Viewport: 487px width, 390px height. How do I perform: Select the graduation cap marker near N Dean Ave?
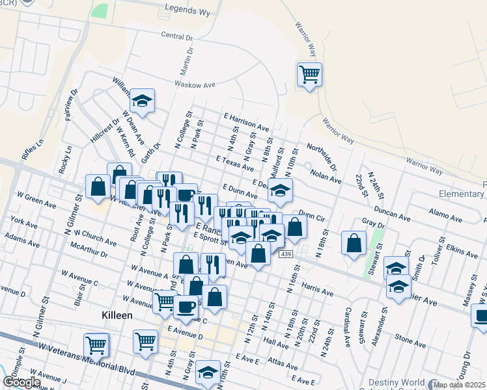point(142,101)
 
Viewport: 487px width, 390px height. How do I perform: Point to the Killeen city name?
point(117,315)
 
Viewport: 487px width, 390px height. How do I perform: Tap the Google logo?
point(21,382)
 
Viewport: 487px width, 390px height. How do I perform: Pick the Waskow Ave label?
point(194,84)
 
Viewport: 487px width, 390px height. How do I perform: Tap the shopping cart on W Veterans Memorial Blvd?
point(96,344)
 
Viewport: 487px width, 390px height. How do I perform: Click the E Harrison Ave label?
point(245,122)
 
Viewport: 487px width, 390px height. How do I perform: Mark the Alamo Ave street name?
point(446,213)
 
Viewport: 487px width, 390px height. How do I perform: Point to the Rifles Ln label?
point(32,150)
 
